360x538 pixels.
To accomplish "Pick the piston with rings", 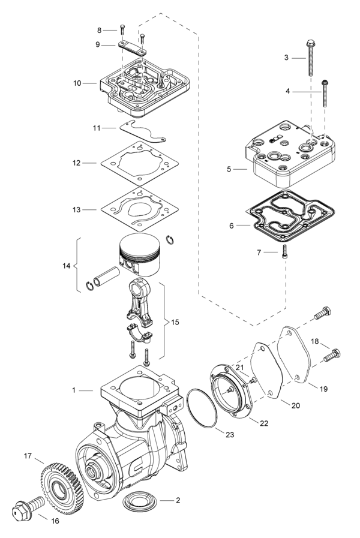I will [x=142, y=251].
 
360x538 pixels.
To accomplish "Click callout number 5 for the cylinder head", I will [x=229, y=170].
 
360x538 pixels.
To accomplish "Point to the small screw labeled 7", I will [x=285, y=252].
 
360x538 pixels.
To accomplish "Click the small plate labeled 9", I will [x=132, y=48].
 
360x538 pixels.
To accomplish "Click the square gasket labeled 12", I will [x=139, y=164].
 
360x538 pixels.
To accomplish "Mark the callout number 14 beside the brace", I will [x=66, y=265].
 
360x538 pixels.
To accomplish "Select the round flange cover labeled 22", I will [x=232, y=393].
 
